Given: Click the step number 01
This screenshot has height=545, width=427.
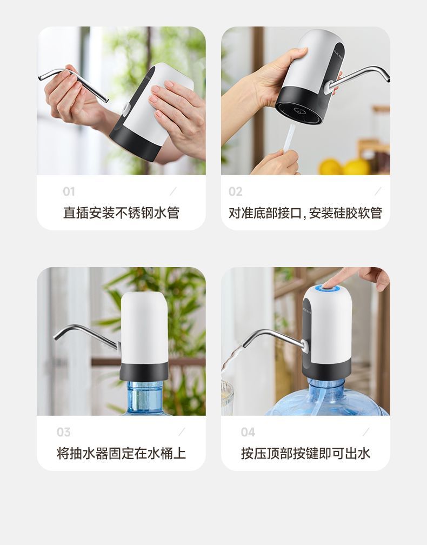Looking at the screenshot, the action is coord(69,191).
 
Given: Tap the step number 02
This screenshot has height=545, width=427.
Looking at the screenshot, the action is coord(235,191).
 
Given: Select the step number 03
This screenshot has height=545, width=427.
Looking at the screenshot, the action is coord(64,432).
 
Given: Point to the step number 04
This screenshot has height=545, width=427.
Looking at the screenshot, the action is coord(248,432).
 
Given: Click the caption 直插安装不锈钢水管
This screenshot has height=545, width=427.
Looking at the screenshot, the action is coord(121,212).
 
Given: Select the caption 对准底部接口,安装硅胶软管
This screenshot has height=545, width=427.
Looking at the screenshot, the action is coord(305,212).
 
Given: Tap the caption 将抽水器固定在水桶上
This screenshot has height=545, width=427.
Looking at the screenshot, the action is coord(121,453).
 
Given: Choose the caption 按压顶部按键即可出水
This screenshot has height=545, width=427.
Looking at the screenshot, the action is coord(305,453).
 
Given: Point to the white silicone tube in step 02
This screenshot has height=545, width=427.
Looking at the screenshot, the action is coord(289,138).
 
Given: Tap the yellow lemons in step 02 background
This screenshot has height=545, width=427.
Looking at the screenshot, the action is coord(344,167).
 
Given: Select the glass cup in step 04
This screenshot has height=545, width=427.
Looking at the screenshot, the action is coord(227,397).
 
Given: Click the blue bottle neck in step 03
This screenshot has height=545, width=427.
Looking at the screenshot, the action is coord(144,396).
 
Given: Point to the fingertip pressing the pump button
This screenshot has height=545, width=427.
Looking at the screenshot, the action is coord(328,284).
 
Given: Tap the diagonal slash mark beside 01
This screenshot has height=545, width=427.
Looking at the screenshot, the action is coord(172,191).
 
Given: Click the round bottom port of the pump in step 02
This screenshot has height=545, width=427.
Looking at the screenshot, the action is coord(299,110).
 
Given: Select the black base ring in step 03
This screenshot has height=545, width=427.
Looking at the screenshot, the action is coord(144,371).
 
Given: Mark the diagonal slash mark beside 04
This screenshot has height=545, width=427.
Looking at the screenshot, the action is coord(366,431).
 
